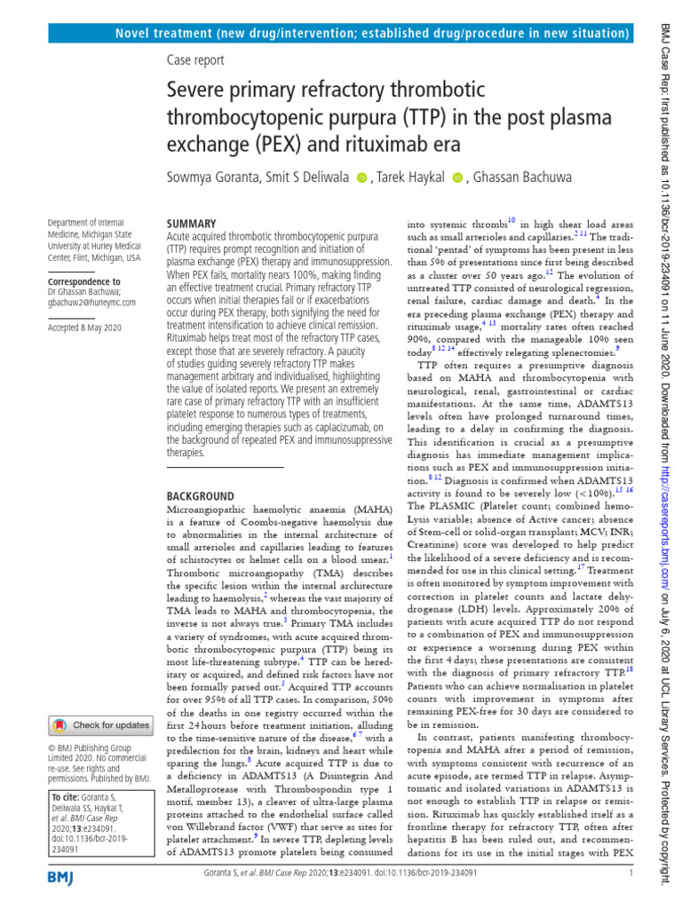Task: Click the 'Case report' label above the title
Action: pyautogui.click(x=195, y=59)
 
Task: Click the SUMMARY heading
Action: pyautogui.click(x=191, y=225)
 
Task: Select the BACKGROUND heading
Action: pyautogui.click(x=201, y=496)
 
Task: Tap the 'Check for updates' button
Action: pyautogui.click(x=99, y=725)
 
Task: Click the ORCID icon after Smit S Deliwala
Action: pyautogui.click(x=361, y=178)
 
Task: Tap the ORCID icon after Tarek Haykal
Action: pyautogui.click(x=458, y=178)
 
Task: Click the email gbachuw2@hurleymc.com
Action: pyautogui.click(x=91, y=303)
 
